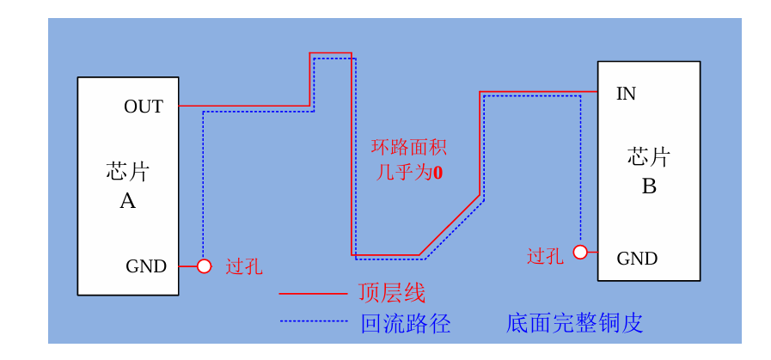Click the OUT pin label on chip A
coord(144,107)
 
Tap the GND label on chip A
coord(146,266)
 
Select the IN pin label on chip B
coord(626,94)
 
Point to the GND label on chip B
coord(637,259)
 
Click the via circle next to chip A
coord(204,266)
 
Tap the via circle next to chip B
coord(580,252)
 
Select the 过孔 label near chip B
coord(545,256)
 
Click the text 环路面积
coord(408,148)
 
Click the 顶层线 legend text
coord(392,293)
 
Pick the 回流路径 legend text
coord(406,323)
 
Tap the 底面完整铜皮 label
coord(574,323)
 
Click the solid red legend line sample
coord(313,294)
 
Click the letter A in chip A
coord(127,201)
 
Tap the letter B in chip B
coord(649,186)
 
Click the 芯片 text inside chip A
coord(128,172)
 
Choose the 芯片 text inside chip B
coord(649,157)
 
